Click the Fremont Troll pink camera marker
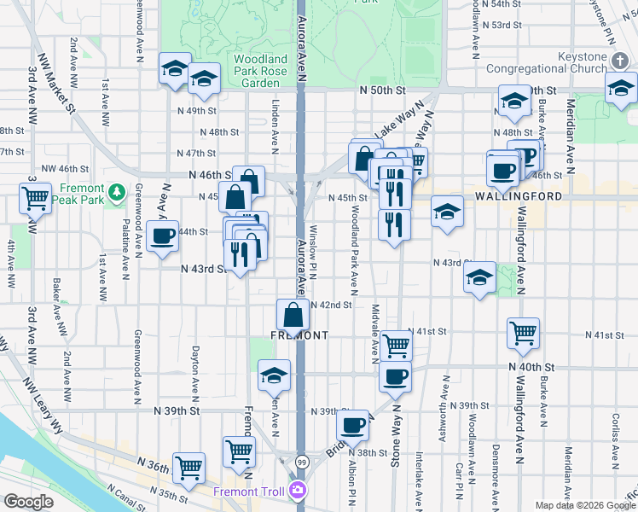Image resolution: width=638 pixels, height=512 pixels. click(x=297, y=490)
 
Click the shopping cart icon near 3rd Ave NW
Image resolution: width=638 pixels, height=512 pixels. click(x=36, y=199)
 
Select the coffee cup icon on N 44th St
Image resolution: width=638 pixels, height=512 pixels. click(x=161, y=236)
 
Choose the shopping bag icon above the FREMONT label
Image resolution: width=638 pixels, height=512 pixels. click(x=293, y=313)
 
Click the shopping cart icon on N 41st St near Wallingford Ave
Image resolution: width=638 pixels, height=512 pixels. click(x=523, y=333)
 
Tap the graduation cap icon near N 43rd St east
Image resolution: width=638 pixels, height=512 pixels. click(x=480, y=276)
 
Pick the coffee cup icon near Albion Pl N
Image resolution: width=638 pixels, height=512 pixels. click(x=352, y=425)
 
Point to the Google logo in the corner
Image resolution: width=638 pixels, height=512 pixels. click(x=28, y=502)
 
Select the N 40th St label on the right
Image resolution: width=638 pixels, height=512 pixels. click(x=534, y=367)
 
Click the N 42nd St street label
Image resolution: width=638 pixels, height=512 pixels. click(x=331, y=305)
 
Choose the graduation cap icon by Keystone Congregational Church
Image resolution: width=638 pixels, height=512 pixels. click(x=621, y=88)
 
